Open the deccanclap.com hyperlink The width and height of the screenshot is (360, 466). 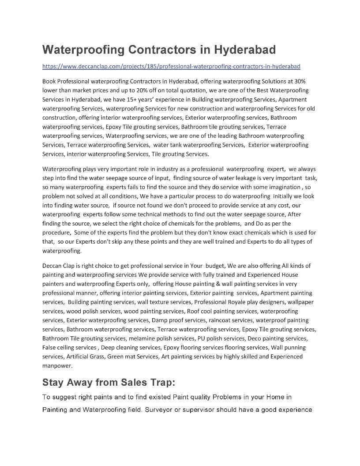point(171,66)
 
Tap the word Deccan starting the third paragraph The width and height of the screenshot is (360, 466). point(52,266)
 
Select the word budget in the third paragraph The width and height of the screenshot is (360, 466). point(215,266)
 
